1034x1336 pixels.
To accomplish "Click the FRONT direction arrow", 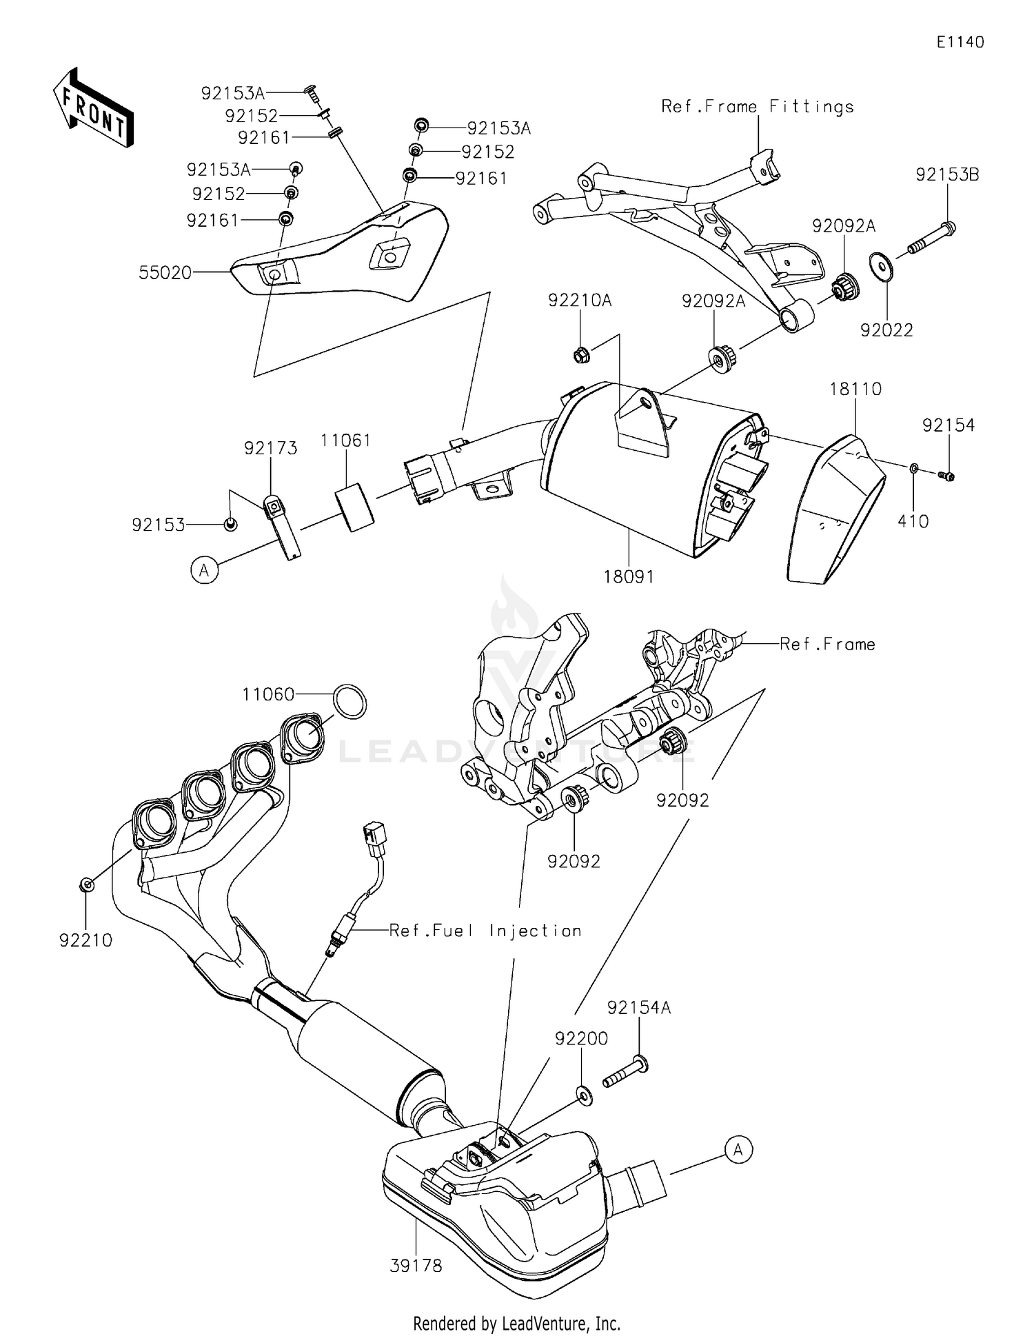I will point(93,108).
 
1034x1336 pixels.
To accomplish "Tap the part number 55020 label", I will point(165,273).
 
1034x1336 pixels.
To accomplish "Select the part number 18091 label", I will point(628,576).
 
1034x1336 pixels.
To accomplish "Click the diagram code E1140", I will point(960,42).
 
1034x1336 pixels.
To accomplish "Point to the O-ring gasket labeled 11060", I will point(349,702).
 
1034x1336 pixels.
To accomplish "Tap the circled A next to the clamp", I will point(204,571).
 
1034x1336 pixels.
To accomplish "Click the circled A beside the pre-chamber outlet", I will point(738,1150).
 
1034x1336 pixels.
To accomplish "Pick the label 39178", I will point(416,1266).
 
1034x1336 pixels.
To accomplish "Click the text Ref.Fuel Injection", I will point(485,931).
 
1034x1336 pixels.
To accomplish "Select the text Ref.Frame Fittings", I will point(757,107).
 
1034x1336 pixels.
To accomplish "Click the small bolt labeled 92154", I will point(946,476).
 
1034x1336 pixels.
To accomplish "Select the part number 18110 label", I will point(855,389).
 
